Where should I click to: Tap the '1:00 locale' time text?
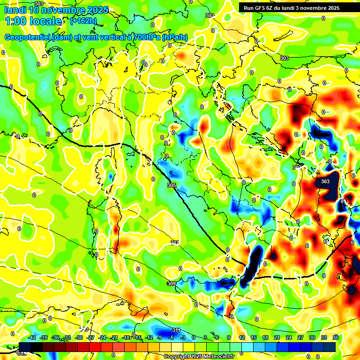pyautogui.click(x=33, y=21)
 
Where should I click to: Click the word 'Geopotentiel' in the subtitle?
pyautogui.click(x=28, y=37)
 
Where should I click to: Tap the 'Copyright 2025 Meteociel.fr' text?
pyautogui.click(x=199, y=356)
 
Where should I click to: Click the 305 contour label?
pyautogui.click(x=171, y=186)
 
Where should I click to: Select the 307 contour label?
pyautogui.click(x=175, y=242)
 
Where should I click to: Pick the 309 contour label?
pyautogui.click(x=171, y=284)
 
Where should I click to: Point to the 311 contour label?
pyautogui.click(x=176, y=330)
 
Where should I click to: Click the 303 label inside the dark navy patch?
pyautogui.click(x=325, y=181)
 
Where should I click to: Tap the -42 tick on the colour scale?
pyautogui.click(x=32, y=337)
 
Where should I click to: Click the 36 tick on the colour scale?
pyautogui.click(x=336, y=337)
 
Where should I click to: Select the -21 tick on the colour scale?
pyautogui.click(x=114, y=337)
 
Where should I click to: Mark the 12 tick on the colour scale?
pyautogui.click(x=241, y=337)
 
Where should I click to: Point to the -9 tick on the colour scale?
pyautogui.click(x=159, y=337)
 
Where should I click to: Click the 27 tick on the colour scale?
pyautogui.click(x=300, y=337)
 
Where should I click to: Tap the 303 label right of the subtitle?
pyautogui.click(x=284, y=58)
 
